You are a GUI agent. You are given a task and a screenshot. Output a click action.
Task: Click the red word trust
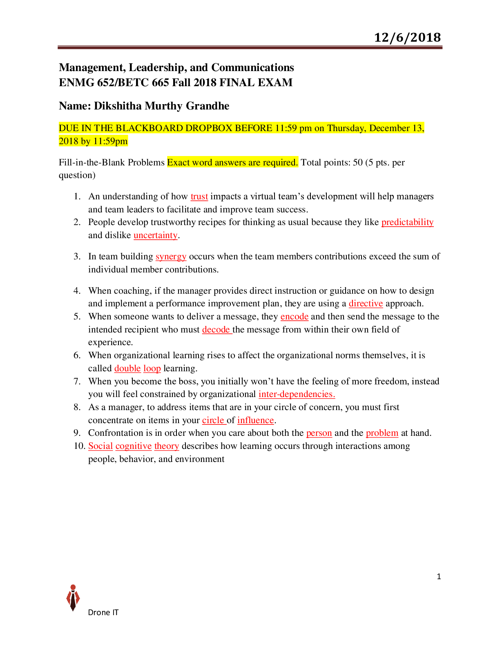coord(199,196)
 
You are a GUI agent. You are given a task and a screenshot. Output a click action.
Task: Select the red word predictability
coord(407,222)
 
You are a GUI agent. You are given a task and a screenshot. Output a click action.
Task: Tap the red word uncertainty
coord(156,235)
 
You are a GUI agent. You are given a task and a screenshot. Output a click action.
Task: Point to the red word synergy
coord(171,257)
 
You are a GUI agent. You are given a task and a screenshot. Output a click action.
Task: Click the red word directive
coord(366,303)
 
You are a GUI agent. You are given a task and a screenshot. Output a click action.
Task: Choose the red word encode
coord(295,317)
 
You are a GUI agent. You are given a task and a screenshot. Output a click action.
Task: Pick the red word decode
coord(216,330)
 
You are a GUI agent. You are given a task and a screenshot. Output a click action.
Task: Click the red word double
coord(127,368)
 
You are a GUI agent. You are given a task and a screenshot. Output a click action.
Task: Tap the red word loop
coord(152,368)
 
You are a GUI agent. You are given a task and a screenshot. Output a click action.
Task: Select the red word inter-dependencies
coord(297,394)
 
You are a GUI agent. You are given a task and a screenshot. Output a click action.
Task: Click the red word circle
coord(213,420)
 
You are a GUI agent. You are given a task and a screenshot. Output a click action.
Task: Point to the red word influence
coord(255,420)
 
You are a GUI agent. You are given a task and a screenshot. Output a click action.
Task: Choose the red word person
coord(319,433)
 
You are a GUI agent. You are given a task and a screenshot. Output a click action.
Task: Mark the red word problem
coord(382,433)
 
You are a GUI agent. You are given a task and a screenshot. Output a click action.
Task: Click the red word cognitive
coord(134,446)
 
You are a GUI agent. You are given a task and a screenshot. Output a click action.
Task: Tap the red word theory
coord(167,446)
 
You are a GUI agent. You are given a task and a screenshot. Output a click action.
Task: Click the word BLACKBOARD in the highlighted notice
coord(149,128)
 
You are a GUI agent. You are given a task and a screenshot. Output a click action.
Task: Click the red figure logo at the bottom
coord(73,598)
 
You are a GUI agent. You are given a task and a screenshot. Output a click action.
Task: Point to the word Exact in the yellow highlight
coord(178,163)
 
